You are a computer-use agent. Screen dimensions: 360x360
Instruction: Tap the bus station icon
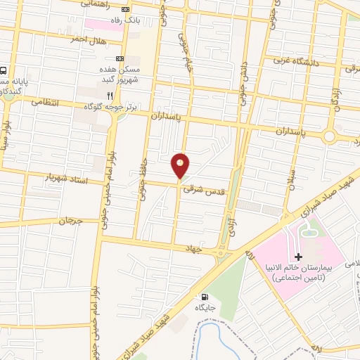point(4,71)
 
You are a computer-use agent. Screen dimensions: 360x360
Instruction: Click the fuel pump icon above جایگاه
point(205,297)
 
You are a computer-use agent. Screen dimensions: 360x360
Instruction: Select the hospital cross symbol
point(297,258)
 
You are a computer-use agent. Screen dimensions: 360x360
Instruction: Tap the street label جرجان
point(70,221)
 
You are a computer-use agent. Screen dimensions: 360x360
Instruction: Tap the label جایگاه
point(205,308)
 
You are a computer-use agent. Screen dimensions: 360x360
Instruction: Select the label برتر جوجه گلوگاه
point(114,105)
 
